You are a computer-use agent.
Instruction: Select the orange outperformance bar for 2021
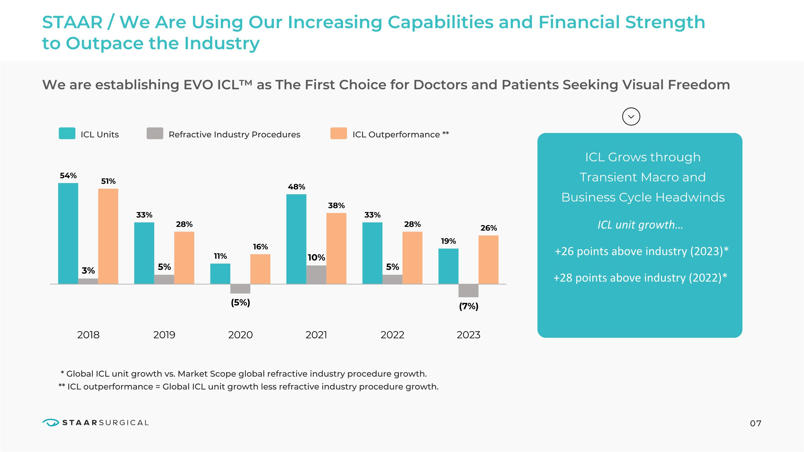point(336,248)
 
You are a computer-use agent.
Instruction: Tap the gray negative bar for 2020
point(240,289)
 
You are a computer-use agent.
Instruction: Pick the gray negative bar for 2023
point(468,291)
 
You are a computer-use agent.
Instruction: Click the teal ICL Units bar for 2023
point(448,266)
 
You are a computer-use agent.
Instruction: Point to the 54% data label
point(68,175)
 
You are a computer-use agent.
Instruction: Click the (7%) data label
point(468,306)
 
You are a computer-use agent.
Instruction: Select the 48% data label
point(296,187)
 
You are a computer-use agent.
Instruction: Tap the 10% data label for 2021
point(316,258)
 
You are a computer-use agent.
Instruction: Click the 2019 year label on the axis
point(164,335)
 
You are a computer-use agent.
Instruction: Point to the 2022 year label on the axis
point(392,335)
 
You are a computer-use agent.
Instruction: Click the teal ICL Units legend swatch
point(67,133)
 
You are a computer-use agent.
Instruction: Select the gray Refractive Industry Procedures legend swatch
point(155,133)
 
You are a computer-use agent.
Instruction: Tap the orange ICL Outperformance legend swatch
point(339,133)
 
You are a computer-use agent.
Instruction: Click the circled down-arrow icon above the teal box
point(631,117)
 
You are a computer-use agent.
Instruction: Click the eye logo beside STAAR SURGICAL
point(51,423)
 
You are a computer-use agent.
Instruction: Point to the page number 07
point(755,423)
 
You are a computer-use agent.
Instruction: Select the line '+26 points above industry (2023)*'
point(641,251)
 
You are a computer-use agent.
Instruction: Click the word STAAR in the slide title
point(72,23)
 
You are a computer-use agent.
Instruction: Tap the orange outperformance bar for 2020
point(260,269)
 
